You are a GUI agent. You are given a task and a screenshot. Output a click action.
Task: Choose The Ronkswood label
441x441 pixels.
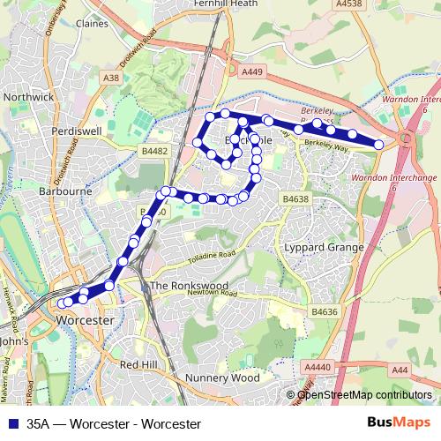pyautogui.click(x=189, y=287)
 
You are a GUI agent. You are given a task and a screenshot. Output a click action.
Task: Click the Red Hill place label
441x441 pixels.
pyautogui.click(x=139, y=364)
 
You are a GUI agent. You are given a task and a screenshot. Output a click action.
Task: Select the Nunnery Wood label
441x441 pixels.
pyautogui.click(x=222, y=377)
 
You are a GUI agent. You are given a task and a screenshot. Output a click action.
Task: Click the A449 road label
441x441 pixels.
pyautogui.click(x=252, y=72)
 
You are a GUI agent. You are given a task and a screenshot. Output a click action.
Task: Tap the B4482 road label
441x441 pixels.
pyautogui.click(x=155, y=152)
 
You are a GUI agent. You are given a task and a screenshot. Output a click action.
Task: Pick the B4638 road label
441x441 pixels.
pyautogui.click(x=295, y=200)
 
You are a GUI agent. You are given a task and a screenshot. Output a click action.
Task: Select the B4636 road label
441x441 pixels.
pyautogui.click(x=325, y=312)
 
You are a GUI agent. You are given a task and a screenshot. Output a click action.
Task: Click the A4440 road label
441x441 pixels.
pyautogui.click(x=317, y=366)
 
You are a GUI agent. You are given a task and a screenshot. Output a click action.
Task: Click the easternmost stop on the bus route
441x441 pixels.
pyautogui.click(x=379, y=144)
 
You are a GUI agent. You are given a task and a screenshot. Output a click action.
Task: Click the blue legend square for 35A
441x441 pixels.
pyautogui.click(x=11, y=423)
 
